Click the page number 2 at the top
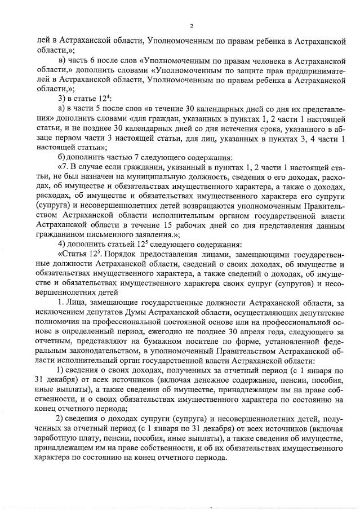(x=192, y=26)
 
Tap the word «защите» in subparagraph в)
(x=226, y=71)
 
